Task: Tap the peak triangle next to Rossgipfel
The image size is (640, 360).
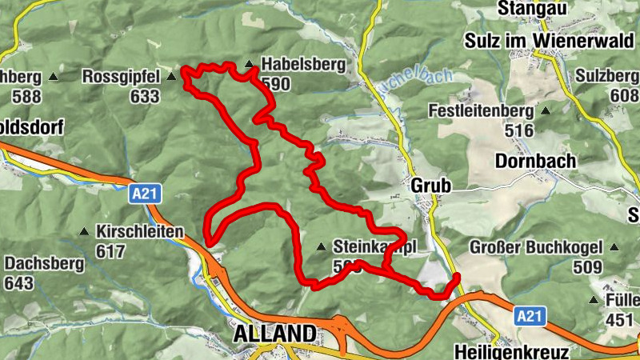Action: tap(171, 78)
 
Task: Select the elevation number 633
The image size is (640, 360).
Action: tap(144, 96)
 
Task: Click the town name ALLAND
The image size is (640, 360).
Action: tap(274, 334)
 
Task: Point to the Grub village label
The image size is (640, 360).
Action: tap(431, 186)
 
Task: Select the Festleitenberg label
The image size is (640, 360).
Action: tap(480, 110)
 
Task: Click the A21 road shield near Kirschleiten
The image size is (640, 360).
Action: tap(141, 192)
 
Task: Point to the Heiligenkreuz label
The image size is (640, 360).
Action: tap(511, 352)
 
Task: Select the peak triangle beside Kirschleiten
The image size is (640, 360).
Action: tap(84, 232)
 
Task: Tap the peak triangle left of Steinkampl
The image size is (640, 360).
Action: tap(321, 247)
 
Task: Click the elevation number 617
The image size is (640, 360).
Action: tap(110, 252)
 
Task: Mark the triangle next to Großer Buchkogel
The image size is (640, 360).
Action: tap(616, 247)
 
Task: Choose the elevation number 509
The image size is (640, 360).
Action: tap(589, 266)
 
